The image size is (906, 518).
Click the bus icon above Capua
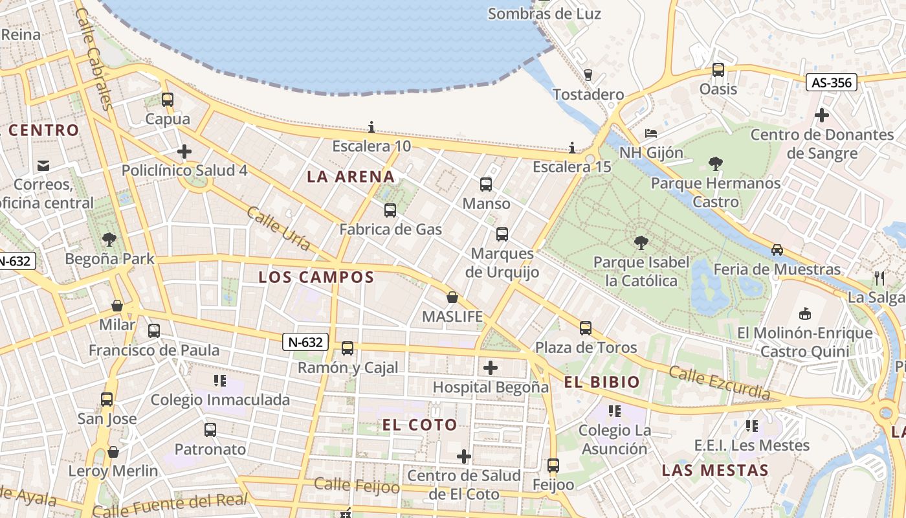point(168,100)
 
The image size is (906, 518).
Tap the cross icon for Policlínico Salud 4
point(184,152)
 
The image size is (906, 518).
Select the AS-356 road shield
point(832,82)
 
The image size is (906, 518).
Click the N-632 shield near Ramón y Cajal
point(305,342)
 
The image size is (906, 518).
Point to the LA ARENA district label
point(351,177)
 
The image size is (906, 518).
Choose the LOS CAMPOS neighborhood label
point(316,278)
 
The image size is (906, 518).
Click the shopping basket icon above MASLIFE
point(452,298)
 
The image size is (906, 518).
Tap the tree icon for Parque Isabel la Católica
point(641,243)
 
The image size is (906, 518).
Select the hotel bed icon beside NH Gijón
point(651,133)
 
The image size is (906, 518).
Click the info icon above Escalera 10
point(371,127)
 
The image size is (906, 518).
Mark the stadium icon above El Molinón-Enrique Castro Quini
point(805,314)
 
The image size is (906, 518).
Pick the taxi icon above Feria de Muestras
point(777,250)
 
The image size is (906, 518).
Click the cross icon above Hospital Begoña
point(491,368)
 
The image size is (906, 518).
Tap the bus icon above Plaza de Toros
point(586,328)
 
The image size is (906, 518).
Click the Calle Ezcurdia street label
point(719,383)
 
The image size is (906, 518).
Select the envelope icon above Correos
point(43,166)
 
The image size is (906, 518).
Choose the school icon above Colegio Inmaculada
point(220,381)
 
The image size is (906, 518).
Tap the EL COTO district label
point(419,425)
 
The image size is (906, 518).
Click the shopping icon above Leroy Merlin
point(113,452)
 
